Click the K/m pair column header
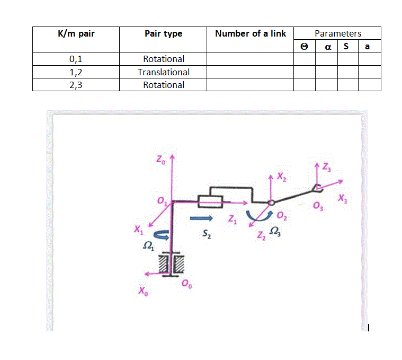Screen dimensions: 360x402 [x=75, y=33]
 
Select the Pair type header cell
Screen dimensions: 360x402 [x=163, y=33]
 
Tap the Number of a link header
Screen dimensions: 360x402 [x=250, y=33]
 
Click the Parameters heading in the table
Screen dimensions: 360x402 [x=337, y=33]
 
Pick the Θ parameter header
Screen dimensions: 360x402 [x=304, y=47]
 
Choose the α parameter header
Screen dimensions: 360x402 [x=327, y=47]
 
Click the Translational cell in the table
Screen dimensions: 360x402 [x=164, y=72]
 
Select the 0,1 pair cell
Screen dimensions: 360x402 [x=75, y=59]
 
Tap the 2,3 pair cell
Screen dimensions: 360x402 [x=75, y=85]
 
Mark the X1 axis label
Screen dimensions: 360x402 [x=139, y=230]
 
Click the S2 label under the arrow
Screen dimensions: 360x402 [x=207, y=233]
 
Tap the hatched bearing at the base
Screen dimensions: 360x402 [x=171, y=264]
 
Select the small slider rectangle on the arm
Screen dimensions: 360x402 [x=210, y=201]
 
